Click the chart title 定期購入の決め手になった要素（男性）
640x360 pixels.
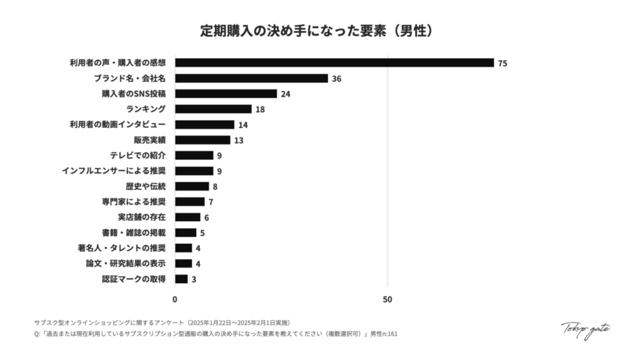pos(320,31)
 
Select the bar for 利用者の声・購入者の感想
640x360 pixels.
pos(334,62)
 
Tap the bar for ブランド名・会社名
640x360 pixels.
pos(251,78)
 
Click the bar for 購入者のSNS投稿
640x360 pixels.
pos(226,94)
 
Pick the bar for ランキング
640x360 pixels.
pos(213,109)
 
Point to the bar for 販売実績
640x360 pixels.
pos(202,140)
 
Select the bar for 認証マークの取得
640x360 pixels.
pos(181,279)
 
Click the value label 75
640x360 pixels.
pos(502,63)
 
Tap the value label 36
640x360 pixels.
pos(336,79)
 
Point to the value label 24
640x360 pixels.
pos(286,94)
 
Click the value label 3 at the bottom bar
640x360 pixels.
pos(194,279)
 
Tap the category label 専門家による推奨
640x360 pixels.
pos(134,201)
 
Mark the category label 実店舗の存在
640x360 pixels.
pos(142,217)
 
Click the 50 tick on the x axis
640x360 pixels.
pos(387,299)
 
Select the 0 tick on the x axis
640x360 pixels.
pos(175,299)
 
